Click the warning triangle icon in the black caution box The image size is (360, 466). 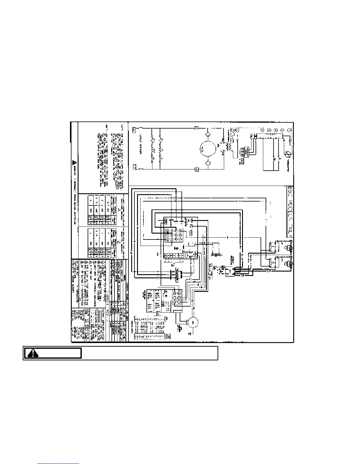(33, 353)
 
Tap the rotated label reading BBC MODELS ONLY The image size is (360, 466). (290, 212)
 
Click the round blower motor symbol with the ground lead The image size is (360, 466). (193, 323)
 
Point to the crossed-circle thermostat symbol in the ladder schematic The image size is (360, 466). (287, 154)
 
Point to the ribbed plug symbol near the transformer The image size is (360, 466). (243, 152)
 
